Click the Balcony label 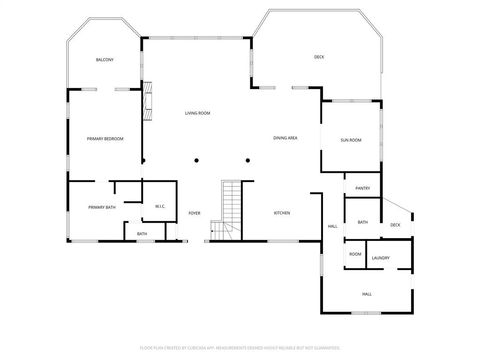pyautogui.click(x=104, y=60)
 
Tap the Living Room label pyautogui.click(x=197, y=113)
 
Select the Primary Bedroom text pyautogui.click(x=104, y=138)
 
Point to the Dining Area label pyautogui.click(x=285, y=137)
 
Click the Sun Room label pyautogui.click(x=350, y=140)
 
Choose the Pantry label pyautogui.click(x=362, y=188)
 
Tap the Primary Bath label pyautogui.click(x=102, y=207)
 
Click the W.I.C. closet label pyautogui.click(x=159, y=207)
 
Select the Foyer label pyautogui.click(x=195, y=213)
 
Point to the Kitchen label pyautogui.click(x=283, y=213)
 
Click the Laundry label pyautogui.click(x=381, y=258)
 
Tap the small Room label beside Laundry pyautogui.click(x=355, y=255)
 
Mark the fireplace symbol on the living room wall pyautogui.click(x=147, y=99)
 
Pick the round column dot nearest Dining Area pyautogui.click(x=248, y=159)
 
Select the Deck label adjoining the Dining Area pyautogui.click(x=319, y=57)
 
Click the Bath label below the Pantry pyautogui.click(x=362, y=222)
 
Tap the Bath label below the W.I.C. pyautogui.click(x=142, y=234)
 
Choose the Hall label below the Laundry pyautogui.click(x=367, y=293)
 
